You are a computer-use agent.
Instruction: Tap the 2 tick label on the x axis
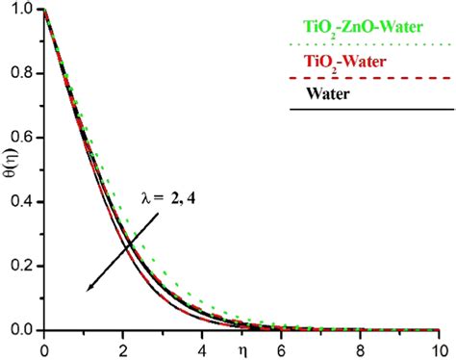123,348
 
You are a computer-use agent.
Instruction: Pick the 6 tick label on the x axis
281,348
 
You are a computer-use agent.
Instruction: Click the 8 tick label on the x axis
360,348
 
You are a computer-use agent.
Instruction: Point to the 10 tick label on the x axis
438,348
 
